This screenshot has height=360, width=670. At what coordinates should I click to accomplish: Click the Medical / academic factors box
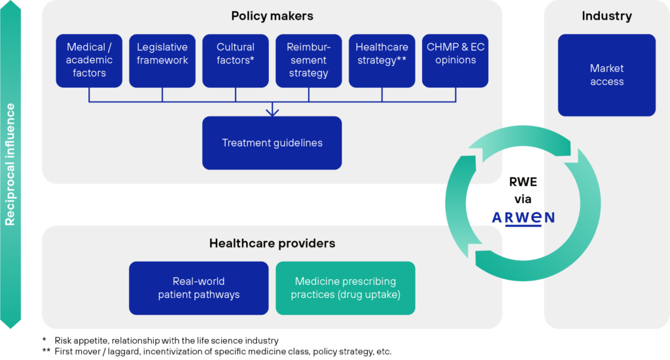click(x=89, y=60)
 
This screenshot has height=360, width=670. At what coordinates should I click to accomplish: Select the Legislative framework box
click(x=162, y=60)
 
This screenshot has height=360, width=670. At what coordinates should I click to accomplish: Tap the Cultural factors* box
click(x=236, y=60)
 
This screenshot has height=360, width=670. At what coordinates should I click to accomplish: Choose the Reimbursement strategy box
click(x=309, y=60)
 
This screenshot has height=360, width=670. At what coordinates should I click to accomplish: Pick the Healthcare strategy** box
click(x=382, y=60)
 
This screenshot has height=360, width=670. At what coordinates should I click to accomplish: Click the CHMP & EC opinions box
click(x=455, y=60)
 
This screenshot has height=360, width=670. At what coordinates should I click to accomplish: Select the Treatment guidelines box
click(x=272, y=143)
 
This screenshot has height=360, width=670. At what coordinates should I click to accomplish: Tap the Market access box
click(x=607, y=75)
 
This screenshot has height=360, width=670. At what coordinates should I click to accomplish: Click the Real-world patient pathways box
click(x=199, y=288)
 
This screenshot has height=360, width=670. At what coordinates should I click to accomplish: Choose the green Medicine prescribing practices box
click(x=345, y=288)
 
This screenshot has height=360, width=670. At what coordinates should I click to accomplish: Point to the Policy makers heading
click(x=272, y=16)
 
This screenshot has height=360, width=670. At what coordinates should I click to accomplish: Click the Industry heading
click(x=607, y=16)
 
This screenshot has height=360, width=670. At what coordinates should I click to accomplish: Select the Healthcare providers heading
click(x=272, y=243)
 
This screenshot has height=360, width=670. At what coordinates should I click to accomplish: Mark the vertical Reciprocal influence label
click(x=10, y=164)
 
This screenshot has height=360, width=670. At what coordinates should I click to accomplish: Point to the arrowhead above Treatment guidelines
click(x=272, y=113)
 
